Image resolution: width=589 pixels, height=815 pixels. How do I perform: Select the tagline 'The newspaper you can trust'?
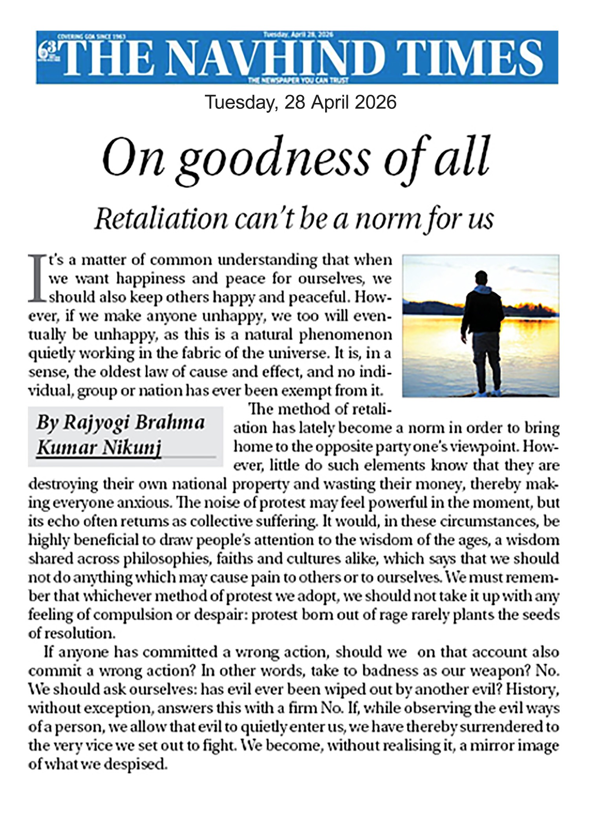[x=298, y=81]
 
